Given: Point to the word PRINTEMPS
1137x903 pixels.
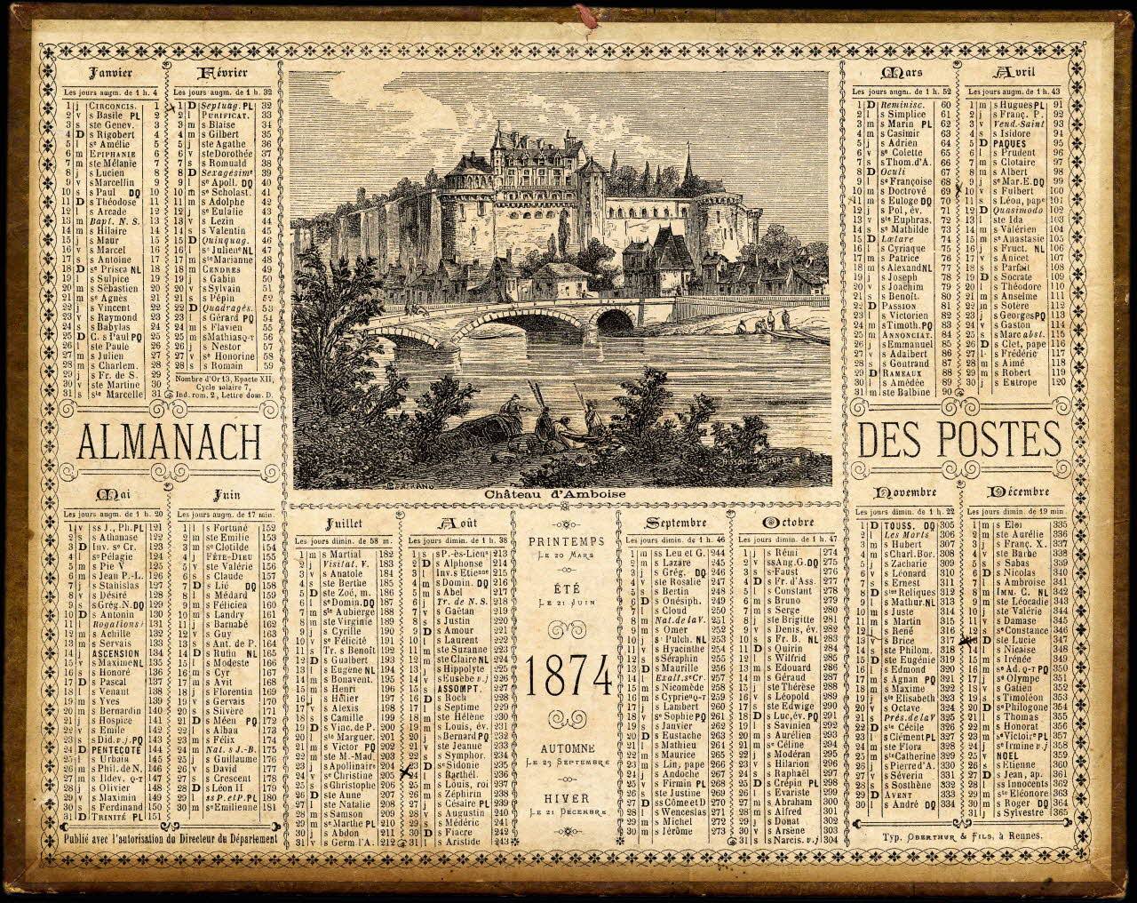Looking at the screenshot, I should [x=566, y=541].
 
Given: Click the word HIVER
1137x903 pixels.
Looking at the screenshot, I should [x=566, y=797].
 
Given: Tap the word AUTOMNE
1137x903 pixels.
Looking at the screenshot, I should [x=566, y=747].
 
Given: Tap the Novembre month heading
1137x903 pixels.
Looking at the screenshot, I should [x=903, y=491].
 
